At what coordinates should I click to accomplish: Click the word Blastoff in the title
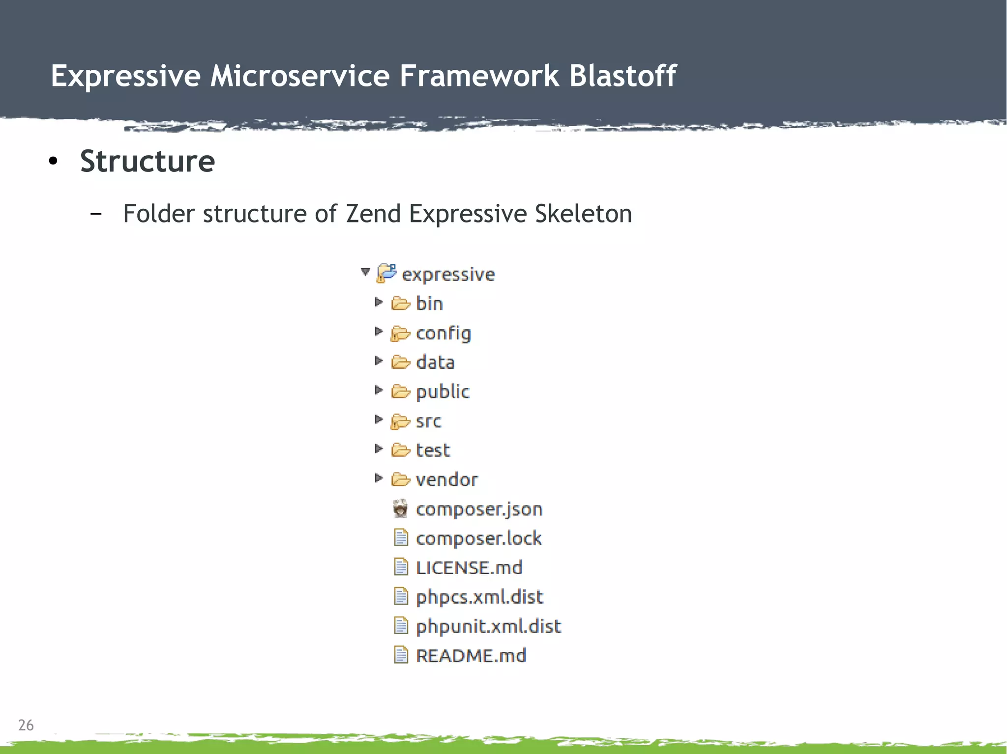point(622,76)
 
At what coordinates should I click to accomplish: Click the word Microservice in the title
point(300,76)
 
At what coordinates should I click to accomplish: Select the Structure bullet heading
point(148,161)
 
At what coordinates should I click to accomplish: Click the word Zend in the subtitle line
point(373,214)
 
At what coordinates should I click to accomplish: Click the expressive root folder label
point(448,274)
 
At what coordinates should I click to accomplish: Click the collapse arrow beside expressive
point(365,272)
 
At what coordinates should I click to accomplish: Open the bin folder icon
point(401,304)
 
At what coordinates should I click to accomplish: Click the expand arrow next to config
point(378,332)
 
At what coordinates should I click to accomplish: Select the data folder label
point(435,363)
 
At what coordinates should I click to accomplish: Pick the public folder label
point(443,391)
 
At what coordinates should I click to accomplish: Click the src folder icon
point(400,421)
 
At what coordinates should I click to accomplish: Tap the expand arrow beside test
point(378,448)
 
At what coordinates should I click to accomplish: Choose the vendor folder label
point(446,479)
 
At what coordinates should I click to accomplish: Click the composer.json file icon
point(401,509)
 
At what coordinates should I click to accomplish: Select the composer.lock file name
point(478,538)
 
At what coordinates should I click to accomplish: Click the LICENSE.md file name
point(469,568)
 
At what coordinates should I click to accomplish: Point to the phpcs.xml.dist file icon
point(401,597)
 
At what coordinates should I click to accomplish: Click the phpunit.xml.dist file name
point(488,626)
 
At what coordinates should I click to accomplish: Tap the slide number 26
point(26,725)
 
